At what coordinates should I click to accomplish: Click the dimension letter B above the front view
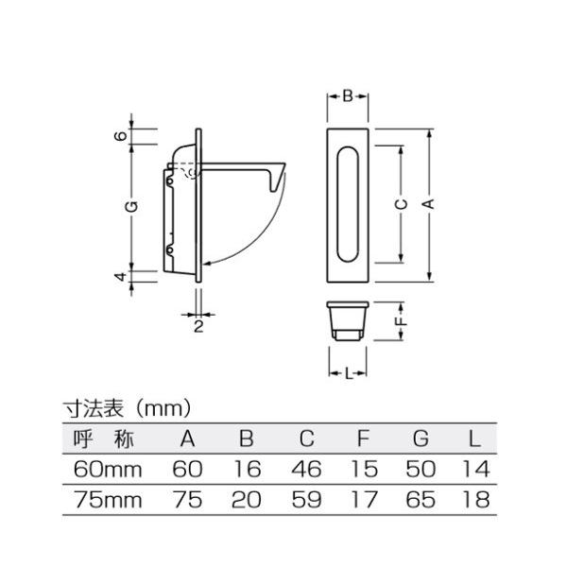[348, 96]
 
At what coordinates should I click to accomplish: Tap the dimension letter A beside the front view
[428, 203]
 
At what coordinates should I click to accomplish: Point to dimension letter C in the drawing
[401, 204]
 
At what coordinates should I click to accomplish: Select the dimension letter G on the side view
[131, 206]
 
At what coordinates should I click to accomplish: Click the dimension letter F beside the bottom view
[402, 321]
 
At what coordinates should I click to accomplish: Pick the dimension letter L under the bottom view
[348, 374]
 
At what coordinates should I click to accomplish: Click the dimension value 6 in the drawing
[121, 136]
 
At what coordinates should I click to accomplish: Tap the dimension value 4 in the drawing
[121, 277]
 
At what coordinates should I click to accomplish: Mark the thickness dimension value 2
[198, 327]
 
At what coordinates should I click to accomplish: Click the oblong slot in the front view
[348, 204]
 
